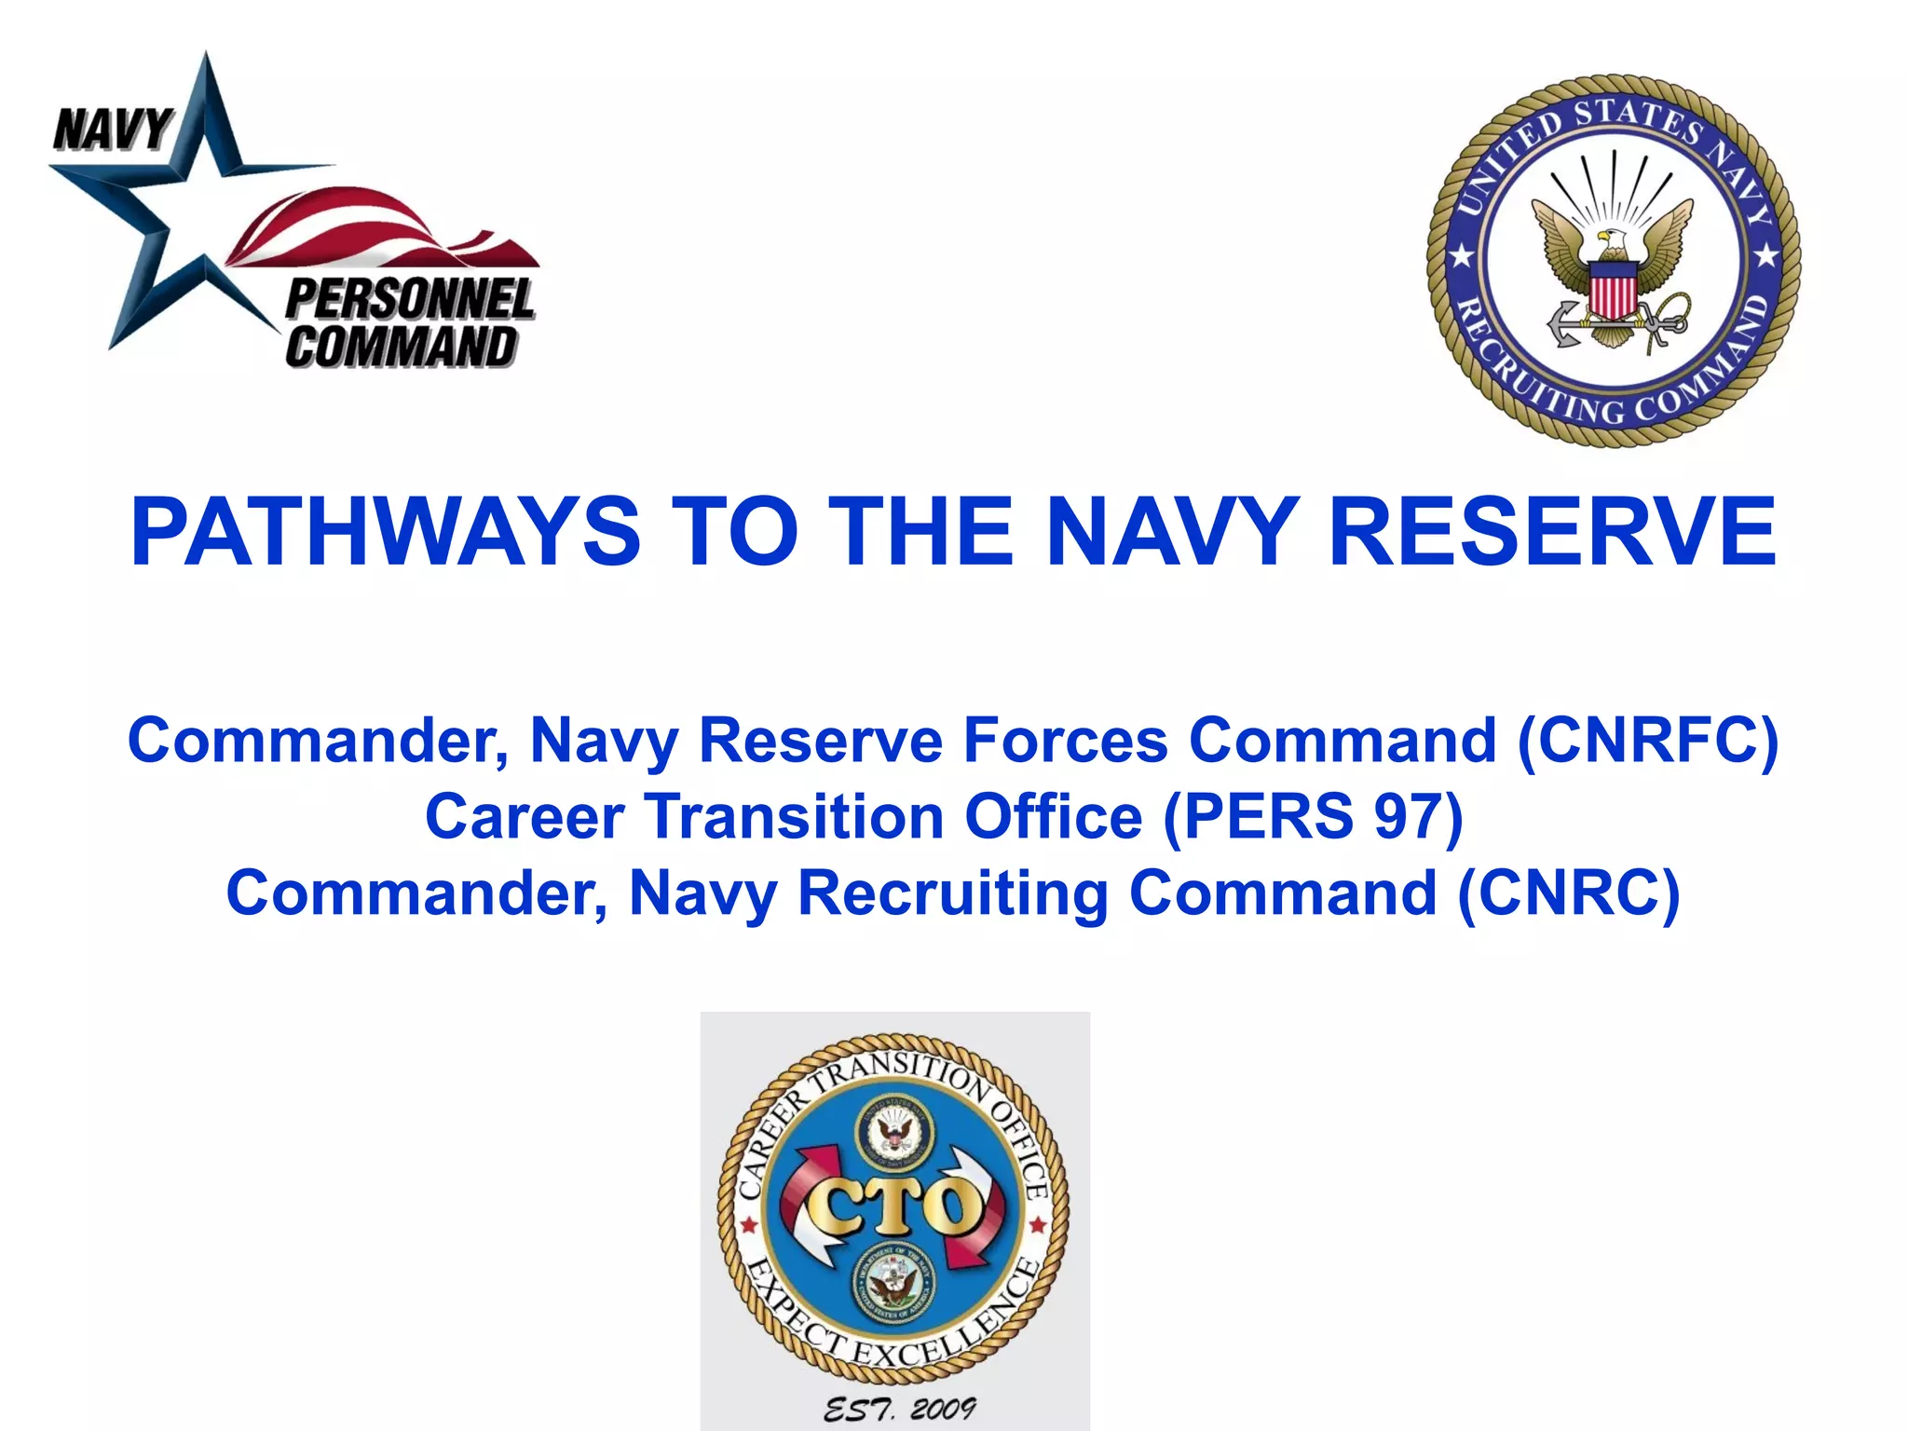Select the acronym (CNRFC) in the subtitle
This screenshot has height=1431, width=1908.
[1648, 741]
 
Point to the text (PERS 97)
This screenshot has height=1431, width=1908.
[1314, 817]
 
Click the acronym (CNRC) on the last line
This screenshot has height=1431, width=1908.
[1569, 893]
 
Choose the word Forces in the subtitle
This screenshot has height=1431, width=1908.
[1065, 741]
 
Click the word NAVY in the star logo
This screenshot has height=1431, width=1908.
[113, 129]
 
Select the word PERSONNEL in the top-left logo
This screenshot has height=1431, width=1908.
[410, 300]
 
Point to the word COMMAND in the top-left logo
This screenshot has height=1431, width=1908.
[401, 347]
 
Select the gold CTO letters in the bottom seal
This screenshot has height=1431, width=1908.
[894, 1207]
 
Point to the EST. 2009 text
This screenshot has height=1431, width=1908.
[898, 1410]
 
